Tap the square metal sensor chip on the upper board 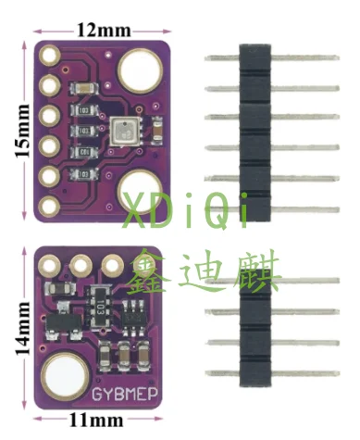coord(121,131)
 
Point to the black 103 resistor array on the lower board coord(97,305)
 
